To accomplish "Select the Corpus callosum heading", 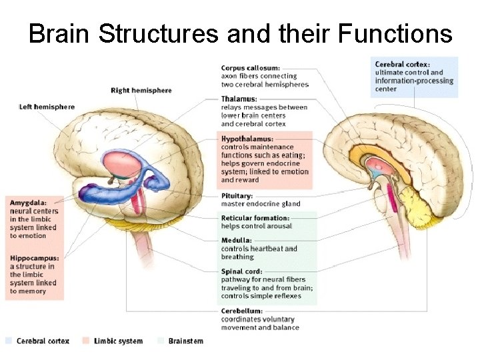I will click(251, 67).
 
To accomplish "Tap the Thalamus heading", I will click(239, 99).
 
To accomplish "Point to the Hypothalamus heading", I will click(247, 139).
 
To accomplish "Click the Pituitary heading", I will click(237, 196).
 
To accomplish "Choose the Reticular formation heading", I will click(255, 218).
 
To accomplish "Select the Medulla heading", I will click(237, 240).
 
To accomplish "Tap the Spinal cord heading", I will click(242, 271).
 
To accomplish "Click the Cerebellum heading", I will click(242, 311).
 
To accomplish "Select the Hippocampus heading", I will click(34, 258).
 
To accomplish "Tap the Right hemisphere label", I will click(141, 91).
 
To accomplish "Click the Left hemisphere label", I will click(47, 107).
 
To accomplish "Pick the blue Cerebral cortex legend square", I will click(9, 341).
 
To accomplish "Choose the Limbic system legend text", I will click(118, 341).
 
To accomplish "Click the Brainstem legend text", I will click(185, 341).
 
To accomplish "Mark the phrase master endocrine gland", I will click(261, 204).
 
